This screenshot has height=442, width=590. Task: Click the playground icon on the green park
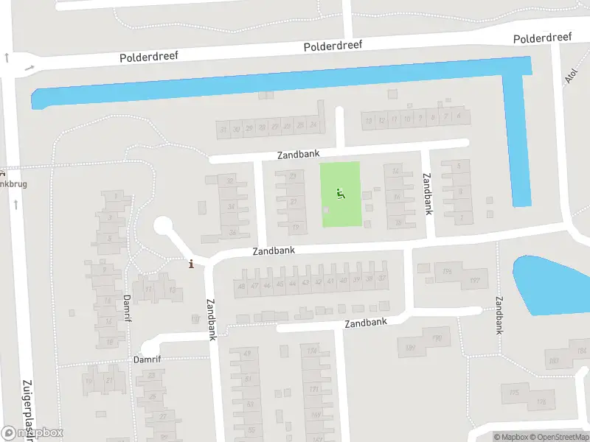[x=340, y=194]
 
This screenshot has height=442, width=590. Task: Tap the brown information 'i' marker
[x=192, y=264]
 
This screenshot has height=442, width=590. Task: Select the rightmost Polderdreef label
[x=544, y=38]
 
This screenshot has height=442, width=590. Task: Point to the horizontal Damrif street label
[x=147, y=360]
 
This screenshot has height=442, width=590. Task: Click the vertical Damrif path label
[x=127, y=308]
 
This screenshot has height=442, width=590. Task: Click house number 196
[x=447, y=272]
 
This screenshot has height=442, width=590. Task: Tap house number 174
[x=312, y=351]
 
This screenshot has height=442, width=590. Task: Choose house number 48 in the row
[x=241, y=286]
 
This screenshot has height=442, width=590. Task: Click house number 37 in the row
[x=382, y=278]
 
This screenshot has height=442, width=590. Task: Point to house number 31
[x=223, y=129]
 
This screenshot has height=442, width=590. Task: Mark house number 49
[x=247, y=354]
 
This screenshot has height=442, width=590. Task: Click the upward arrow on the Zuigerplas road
[x=6, y=57]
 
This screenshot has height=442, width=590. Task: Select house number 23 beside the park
[x=293, y=175]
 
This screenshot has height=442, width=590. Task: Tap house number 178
[x=541, y=402]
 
